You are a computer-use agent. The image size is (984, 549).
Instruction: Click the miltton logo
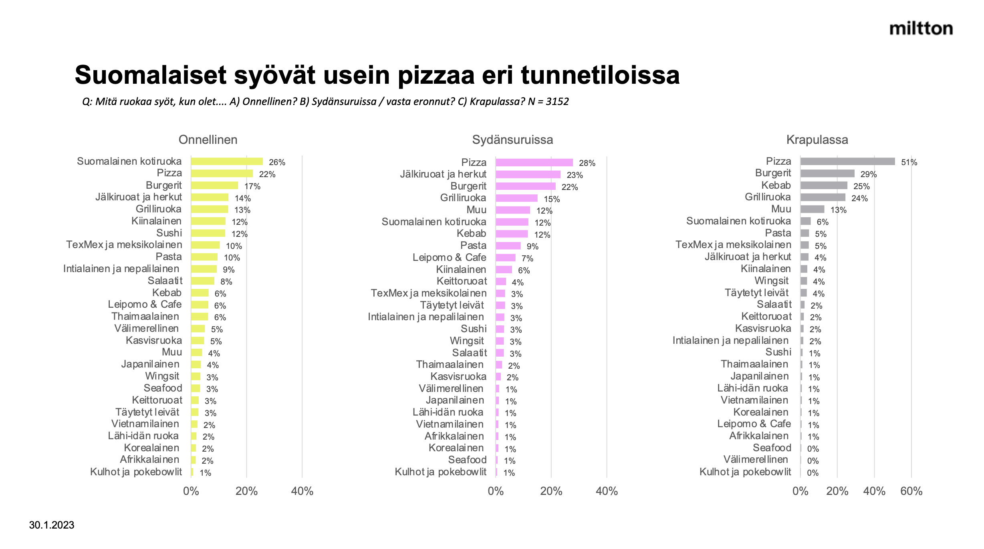click(921, 29)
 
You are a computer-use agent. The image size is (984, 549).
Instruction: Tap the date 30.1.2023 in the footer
click(52, 525)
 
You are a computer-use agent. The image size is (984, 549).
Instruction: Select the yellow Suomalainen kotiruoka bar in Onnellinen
click(227, 161)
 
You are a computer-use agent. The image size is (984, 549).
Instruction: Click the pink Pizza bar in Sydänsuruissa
click(534, 163)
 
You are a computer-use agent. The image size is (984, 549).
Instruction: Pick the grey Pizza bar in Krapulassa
click(847, 161)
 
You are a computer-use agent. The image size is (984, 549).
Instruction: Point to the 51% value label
click(909, 162)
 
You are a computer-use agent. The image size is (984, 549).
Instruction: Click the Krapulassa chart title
click(817, 139)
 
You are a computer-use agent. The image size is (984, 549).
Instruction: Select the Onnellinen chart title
click(208, 139)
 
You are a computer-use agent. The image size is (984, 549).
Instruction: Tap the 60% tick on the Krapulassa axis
click(911, 491)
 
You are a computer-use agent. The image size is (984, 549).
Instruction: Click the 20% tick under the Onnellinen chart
click(246, 491)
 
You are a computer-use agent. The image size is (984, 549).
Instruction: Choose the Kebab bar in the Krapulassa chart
click(824, 186)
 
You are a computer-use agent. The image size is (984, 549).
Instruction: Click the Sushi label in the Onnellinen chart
click(169, 233)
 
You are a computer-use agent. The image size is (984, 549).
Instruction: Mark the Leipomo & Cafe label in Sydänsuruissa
click(449, 257)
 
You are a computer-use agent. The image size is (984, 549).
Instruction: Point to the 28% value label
click(587, 163)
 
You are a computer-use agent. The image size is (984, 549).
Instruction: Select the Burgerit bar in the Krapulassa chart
click(827, 174)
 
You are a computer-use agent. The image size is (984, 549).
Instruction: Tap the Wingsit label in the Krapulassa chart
click(771, 281)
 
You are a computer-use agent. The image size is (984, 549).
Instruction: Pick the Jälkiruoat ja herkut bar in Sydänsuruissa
click(528, 175)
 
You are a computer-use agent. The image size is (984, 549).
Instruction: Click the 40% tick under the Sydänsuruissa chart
click(607, 491)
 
